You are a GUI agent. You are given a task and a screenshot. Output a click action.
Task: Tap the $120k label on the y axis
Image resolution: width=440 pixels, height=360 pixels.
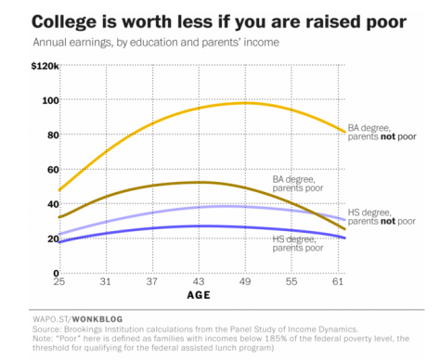click(43, 66)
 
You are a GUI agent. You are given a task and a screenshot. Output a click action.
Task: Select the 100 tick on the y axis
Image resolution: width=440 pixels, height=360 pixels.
click(49, 100)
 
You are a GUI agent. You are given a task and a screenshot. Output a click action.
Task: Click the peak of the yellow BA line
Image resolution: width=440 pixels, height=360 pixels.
click(243, 103)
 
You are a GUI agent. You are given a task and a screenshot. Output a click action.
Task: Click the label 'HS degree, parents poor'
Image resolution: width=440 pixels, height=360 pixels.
click(298, 244)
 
